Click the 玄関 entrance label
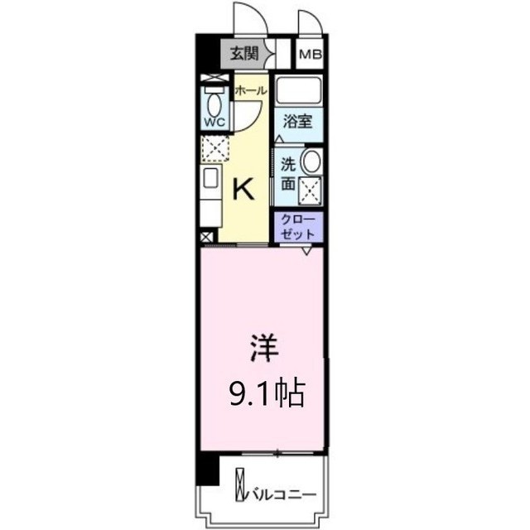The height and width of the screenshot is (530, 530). click(244, 53)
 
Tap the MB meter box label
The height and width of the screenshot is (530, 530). click(311, 55)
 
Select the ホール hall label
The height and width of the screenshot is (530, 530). click(251, 90)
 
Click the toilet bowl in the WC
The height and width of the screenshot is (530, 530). click(214, 104)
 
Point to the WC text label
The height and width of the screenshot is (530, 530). click(215, 123)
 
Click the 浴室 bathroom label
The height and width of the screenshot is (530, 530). click(298, 122)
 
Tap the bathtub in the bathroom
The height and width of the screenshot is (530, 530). click(298, 90)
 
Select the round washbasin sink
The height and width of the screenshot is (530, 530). click(311, 161)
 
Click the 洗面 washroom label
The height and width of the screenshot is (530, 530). click(288, 174)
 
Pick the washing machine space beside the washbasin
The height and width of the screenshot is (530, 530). click(311, 190)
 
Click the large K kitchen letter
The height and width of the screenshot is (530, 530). click(243, 190)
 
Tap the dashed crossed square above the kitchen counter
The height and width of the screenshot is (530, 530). click(215, 148)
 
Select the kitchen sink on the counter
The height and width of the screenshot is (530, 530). click(210, 178)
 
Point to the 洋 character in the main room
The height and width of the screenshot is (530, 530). click(264, 348)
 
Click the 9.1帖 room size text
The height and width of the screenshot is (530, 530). click(267, 394)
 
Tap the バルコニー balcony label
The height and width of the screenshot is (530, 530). click(282, 495)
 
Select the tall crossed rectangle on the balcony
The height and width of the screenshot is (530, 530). click(239, 484)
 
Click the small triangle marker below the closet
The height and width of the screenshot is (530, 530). click(306, 251)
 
